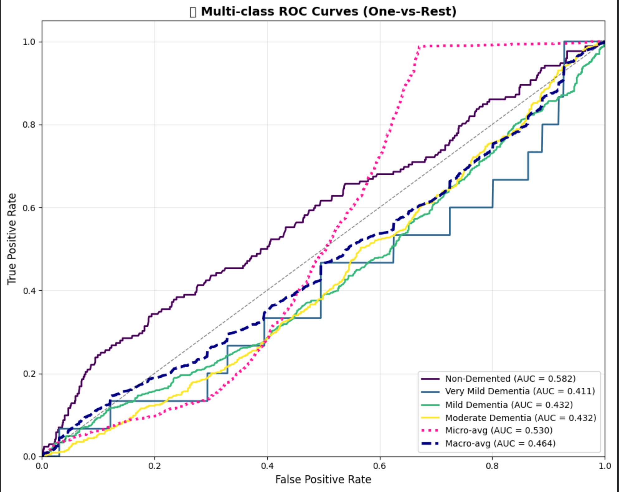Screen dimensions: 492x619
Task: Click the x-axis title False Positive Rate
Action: pyautogui.click(x=323, y=479)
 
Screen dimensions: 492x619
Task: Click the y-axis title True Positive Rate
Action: pyautogui.click(x=12, y=239)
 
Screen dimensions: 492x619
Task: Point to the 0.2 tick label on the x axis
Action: pyautogui.click(x=154, y=466)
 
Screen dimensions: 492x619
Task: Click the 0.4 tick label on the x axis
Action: pyautogui.click(x=267, y=466)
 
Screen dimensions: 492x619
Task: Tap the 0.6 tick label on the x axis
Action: pyautogui.click(x=380, y=466)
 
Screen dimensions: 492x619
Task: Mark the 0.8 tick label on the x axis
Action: pyautogui.click(x=492, y=466)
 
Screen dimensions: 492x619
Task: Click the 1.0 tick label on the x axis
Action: pyautogui.click(x=605, y=466)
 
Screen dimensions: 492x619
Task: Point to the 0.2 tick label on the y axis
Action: pyautogui.click(x=29, y=374)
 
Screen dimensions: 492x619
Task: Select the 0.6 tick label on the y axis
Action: pyautogui.click(x=29, y=208)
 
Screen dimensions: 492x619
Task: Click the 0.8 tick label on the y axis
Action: pyautogui.click(x=29, y=125)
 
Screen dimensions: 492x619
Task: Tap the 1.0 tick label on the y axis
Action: pyautogui.click(x=29, y=42)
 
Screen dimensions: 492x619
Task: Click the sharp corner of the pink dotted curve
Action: pyautogui.click(x=420, y=46)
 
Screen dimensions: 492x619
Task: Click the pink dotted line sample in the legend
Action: pyautogui.click(x=430, y=430)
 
